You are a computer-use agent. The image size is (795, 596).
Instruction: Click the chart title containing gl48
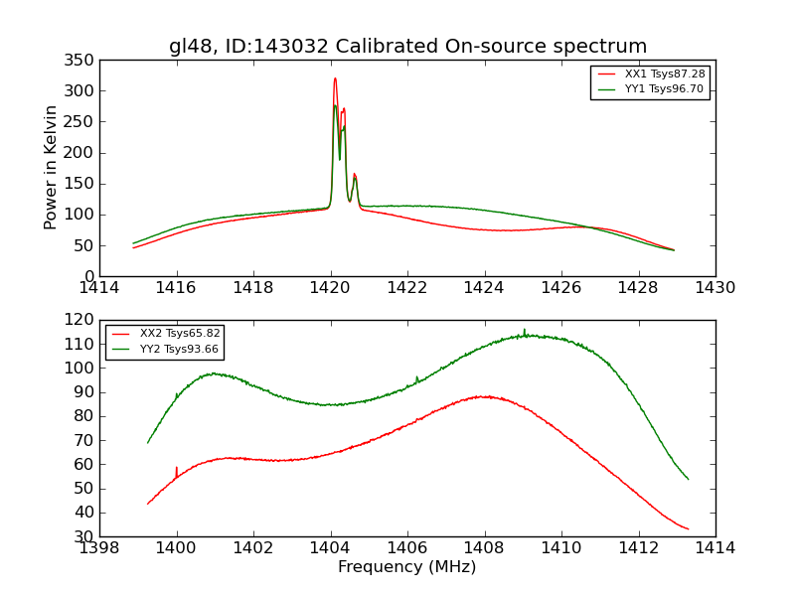(x=407, y=46)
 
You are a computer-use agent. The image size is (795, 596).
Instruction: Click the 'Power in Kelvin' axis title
(x=52, y=168)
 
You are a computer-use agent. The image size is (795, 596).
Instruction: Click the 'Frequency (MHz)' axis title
(x=407, y=567)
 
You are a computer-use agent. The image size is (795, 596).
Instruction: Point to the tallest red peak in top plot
(x=335, y=78)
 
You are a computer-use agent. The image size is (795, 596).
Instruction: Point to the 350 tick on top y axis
(x=83, y=60)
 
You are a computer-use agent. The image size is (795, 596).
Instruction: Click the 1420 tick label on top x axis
(x=331, y=288)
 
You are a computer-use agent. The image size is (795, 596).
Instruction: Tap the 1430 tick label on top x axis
(x=715, y=288)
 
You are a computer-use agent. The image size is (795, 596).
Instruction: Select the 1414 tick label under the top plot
(x=99, y=288)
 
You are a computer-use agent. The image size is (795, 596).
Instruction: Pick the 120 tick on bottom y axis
(x=83, y=320)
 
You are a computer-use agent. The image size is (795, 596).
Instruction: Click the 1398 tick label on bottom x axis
(x=99, y=548)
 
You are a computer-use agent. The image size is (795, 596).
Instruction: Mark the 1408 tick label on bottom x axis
(x=484, y=548)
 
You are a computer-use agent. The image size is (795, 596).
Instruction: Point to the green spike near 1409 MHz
(x=525, y=330)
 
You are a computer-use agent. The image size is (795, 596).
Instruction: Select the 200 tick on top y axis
(x=83, y=153)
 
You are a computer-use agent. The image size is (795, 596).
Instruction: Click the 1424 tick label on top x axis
(x=485, y=288)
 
